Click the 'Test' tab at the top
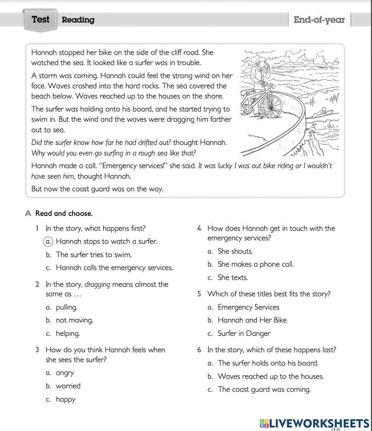click(41, 20)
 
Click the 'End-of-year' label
click(319, 20)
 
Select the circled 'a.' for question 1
click(49, 242)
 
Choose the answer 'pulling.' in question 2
click(67, 307)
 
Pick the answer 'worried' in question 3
click(68, 386)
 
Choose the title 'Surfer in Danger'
click(244, 334)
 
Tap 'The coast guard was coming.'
click(264, 390)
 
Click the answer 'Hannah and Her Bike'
click(252, 320)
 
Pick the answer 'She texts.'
click(232, 278)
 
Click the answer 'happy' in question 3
click(65, 399)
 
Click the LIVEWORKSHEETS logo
click(314, 423)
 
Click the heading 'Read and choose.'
click(64, 214)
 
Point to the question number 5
click(199, 294)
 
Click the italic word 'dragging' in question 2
click(97, 285)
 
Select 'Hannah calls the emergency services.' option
click(114, 268)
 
